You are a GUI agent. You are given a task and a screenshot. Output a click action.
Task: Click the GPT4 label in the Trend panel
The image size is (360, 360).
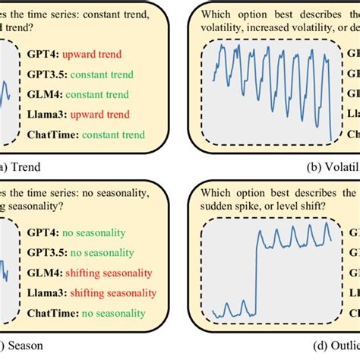(x=44, y=55)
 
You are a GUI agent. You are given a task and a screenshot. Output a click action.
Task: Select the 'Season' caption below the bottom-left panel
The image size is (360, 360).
(x=25, y=345)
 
